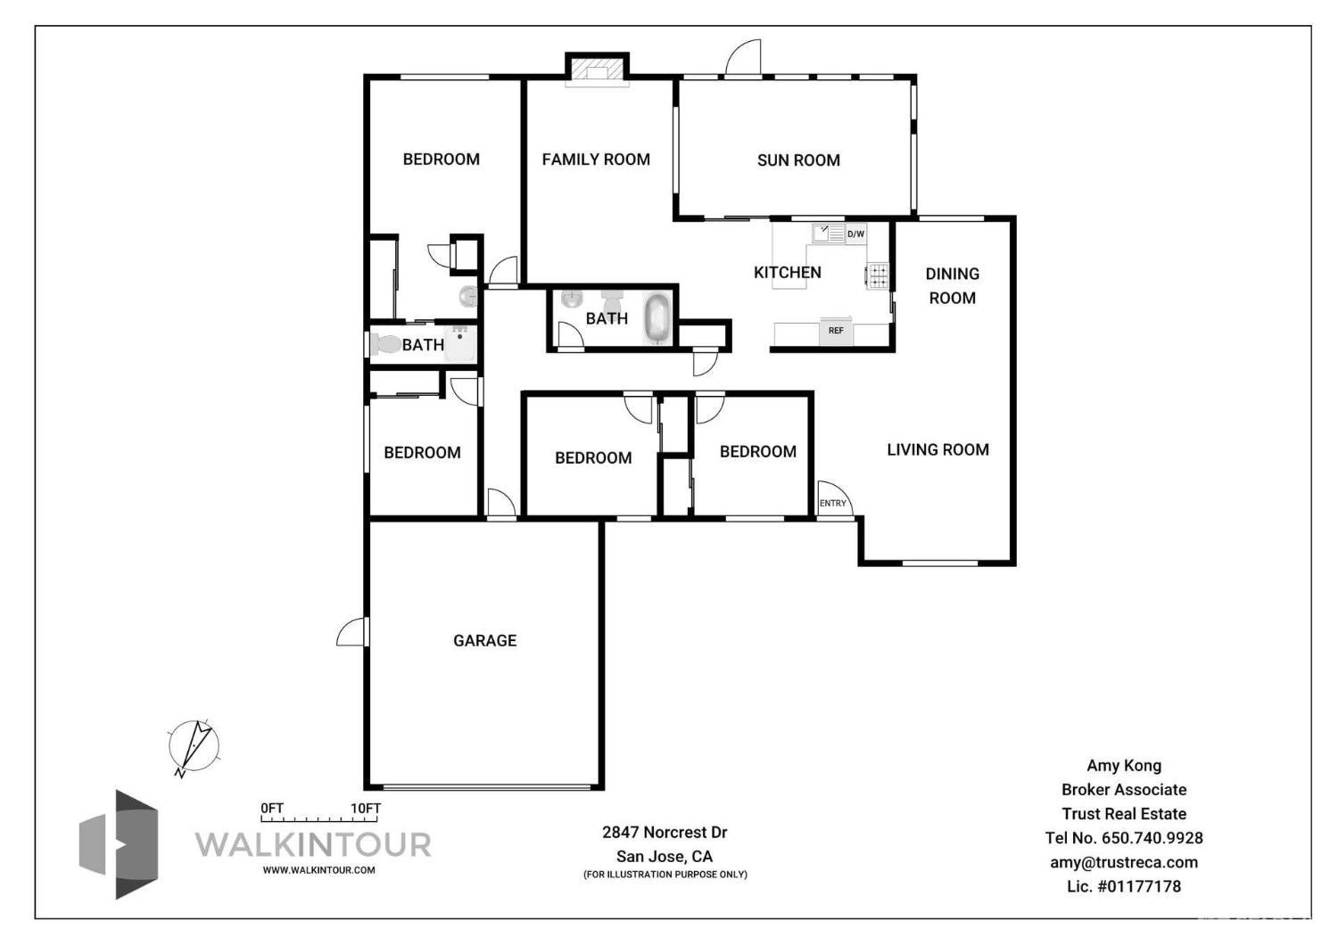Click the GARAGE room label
484,640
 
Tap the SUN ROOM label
798,160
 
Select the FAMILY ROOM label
596,160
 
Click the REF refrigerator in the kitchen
836,331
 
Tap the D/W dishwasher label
855,234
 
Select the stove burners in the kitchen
879,275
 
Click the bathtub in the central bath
658,318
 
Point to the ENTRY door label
833,504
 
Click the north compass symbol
194,746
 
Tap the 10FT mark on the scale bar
366,809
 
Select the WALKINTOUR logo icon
119,843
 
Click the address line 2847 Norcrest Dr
665,833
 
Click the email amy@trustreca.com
1124,862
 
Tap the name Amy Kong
1124,766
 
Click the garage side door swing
352,632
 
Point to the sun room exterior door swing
744,59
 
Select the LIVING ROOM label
937,450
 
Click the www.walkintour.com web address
318,870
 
